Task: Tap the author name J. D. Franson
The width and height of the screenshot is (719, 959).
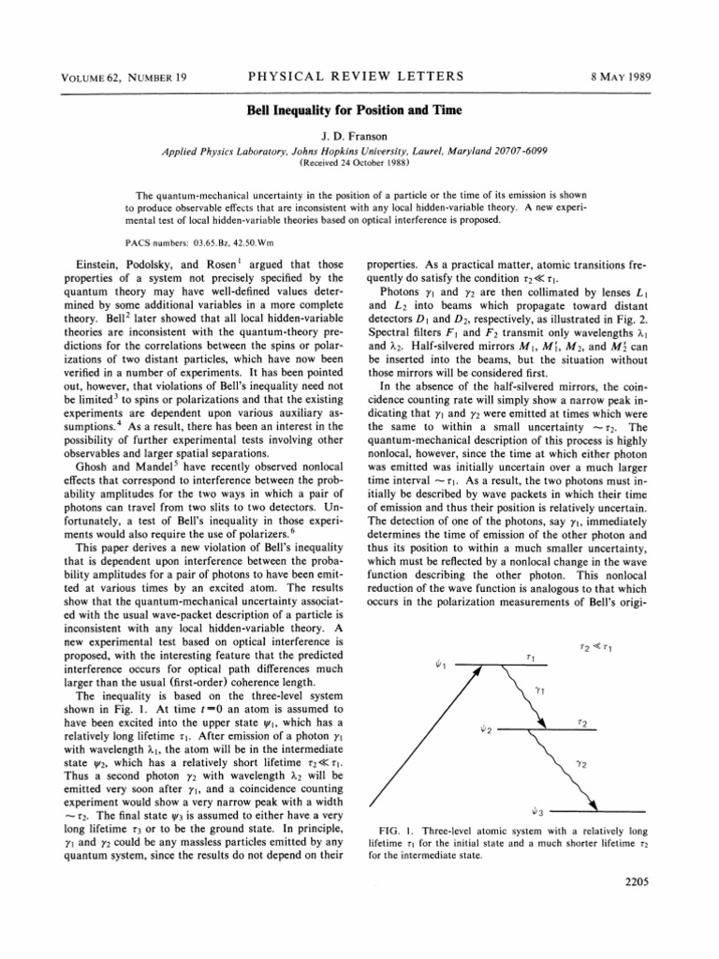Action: (x=359, y=136)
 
